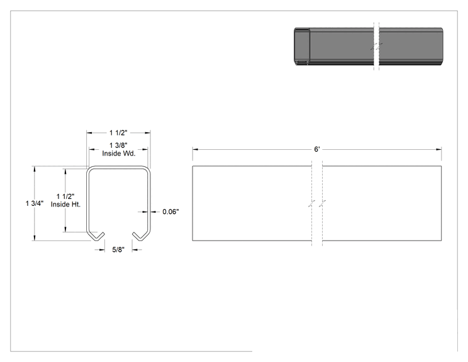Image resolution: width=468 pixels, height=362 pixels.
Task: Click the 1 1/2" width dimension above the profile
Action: (x=118, y=133)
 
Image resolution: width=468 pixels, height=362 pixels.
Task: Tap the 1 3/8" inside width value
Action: (x=118, y=145)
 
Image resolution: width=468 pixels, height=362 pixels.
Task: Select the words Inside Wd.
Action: (x=119, y=154)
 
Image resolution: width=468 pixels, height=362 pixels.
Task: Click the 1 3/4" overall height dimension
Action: (x=35, y=203)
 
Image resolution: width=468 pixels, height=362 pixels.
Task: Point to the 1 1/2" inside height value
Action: (x=65, y=196)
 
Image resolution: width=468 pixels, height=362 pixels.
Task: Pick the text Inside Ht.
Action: (x=65, y=205)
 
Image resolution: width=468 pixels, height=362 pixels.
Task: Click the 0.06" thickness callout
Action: (x=170, y=212)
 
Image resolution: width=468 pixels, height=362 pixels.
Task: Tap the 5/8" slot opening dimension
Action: (x=118, y=250)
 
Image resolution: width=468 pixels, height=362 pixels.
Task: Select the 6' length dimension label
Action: (x=317, y=149)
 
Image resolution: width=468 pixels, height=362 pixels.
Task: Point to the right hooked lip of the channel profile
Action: (x=140, y=236)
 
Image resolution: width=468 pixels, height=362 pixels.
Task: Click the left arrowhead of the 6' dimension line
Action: (x=196, y=149)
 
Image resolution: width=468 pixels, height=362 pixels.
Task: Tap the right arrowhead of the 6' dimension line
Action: (x=438, y=149)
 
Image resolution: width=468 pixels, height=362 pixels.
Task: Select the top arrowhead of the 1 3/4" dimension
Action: (x=35, y=169)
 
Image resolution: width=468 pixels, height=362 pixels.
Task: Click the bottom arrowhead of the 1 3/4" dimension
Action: (x=35, y=237)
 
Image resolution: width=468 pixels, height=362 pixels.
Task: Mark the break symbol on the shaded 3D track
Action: (x=377, y=47)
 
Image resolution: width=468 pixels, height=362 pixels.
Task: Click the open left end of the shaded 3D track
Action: (x=302, y=47)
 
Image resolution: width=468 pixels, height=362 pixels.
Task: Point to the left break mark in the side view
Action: (x=312, y=204)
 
